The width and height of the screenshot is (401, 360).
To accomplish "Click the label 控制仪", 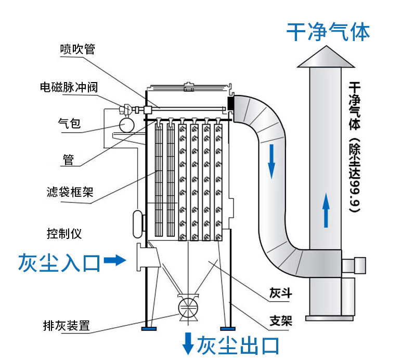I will coord(63,233).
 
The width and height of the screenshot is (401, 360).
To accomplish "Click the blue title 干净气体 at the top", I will coord(328,32).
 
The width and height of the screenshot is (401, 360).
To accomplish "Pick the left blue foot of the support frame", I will coord(149,329).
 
